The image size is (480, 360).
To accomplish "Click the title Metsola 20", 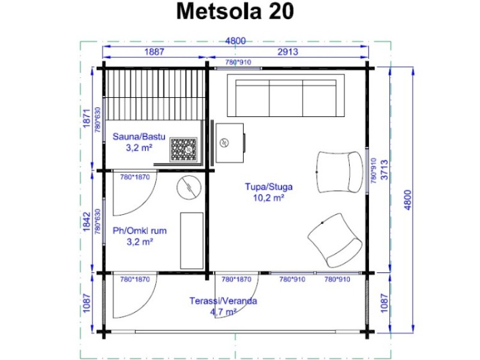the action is [235, 11].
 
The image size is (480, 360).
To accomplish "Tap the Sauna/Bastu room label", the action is [139, 137].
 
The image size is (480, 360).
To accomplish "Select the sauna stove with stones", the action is [184, 149].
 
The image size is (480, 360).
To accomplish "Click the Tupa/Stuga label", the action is [269, 187].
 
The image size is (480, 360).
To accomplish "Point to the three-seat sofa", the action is [286, 95].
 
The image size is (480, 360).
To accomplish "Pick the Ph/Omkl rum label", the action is [140, 230].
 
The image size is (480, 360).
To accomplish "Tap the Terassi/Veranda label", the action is [223, 301].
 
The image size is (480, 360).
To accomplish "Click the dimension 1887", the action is [154, 52].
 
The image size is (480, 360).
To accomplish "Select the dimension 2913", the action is [288, 52].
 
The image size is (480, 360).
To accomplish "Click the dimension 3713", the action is [385, 170].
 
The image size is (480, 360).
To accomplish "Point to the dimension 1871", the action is [87, 119].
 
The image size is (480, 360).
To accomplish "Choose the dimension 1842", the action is [87, 221].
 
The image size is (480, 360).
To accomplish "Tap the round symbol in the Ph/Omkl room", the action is [189, 187].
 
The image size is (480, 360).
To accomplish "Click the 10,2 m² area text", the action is [269, 198].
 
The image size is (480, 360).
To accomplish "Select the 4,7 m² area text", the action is [223, 312].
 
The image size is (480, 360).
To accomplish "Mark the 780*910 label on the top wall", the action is [238, 62].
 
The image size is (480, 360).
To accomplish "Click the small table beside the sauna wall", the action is [230, 143].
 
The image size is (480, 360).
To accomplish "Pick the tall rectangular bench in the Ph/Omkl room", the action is [191, 241].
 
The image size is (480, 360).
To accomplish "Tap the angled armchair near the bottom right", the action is [335, 241].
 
